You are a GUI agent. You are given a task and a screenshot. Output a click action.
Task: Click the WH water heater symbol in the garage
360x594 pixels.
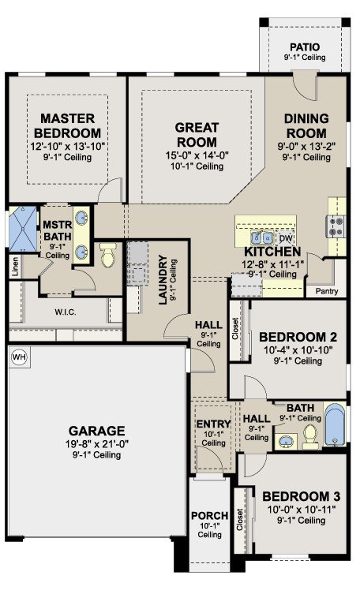tap(19, 357)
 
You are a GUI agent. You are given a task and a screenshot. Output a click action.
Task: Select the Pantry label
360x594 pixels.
tap(327, 291)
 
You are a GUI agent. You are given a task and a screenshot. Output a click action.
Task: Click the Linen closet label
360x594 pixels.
tap(15, 267)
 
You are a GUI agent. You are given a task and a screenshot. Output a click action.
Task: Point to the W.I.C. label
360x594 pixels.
tap(66, 312)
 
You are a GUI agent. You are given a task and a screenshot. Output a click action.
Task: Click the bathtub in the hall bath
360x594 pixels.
tap(335, 424)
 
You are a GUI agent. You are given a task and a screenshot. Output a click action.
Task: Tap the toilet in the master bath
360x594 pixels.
tap(108, 256)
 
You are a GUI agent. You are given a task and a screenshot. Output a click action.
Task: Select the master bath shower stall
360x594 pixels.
tap(23, 230)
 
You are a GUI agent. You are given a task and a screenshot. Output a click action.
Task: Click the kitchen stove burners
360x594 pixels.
tap(336, 226)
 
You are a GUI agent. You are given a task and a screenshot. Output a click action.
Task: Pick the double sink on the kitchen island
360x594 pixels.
tap(262, 238)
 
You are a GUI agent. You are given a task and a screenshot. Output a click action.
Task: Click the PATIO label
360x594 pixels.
tap(305, 47)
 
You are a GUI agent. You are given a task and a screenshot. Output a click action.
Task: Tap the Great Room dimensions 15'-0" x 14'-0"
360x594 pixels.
tap(197, 155)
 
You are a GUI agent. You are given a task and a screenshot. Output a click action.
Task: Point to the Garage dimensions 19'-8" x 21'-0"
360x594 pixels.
tap(96, 443)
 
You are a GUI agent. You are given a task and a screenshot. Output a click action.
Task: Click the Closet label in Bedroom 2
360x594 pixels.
tap(236, 328)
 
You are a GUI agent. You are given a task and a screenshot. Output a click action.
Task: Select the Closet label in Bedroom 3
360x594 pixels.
tap(239, 520)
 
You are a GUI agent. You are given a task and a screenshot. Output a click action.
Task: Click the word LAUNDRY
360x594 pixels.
tap(163, 279)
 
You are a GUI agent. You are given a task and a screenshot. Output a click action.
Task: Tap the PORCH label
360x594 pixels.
tap(209, 516)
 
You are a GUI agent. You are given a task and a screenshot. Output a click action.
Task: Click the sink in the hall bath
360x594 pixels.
tap(286, 441)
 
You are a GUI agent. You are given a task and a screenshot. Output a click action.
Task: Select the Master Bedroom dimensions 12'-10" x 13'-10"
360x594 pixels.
tap(67, 146)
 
